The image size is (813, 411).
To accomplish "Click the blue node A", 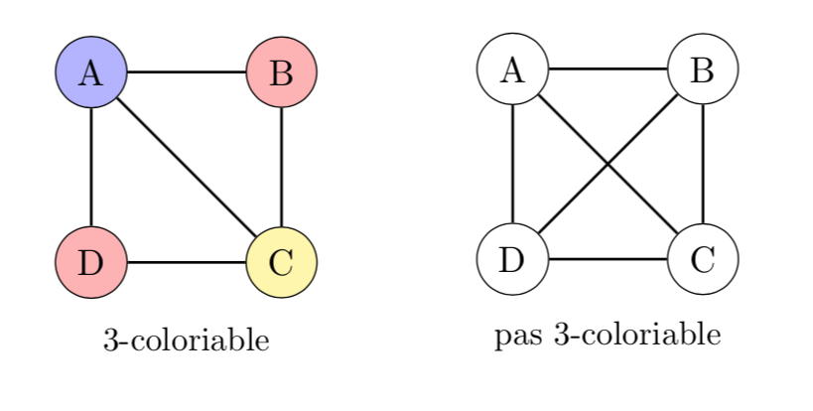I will point(90,72).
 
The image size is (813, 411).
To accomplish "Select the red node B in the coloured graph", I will point(281,72).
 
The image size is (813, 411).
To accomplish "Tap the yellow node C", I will point(281,263).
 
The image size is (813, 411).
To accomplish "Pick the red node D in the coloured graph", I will point(90,263).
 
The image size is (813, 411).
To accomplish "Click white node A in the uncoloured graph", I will point(512,69).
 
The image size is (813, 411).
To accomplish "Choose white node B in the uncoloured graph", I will point(703,69).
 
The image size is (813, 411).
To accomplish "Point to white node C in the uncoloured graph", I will point(703,260).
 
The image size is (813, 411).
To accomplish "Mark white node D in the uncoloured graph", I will point(512,260).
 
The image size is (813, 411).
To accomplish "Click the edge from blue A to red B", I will point(186,72).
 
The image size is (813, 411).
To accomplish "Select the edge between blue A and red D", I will point(90,168).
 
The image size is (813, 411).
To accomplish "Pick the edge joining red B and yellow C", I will point(281,168).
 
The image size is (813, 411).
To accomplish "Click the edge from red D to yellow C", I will point(186,263).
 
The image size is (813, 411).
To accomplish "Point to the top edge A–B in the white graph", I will point(608,69).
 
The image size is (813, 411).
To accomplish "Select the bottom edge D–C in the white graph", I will point(608,260).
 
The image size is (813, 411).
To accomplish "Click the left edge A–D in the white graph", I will point(512,165).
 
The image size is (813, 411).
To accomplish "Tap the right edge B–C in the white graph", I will point(703,165).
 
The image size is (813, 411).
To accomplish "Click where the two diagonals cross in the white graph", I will point(608,165).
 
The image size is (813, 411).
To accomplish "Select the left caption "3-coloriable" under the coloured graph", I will point(186,342).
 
